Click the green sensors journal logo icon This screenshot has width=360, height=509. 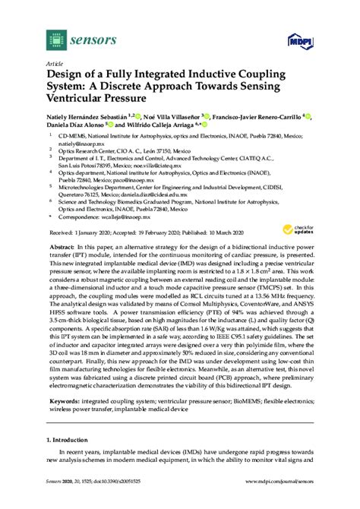56,36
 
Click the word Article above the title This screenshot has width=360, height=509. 55,63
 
